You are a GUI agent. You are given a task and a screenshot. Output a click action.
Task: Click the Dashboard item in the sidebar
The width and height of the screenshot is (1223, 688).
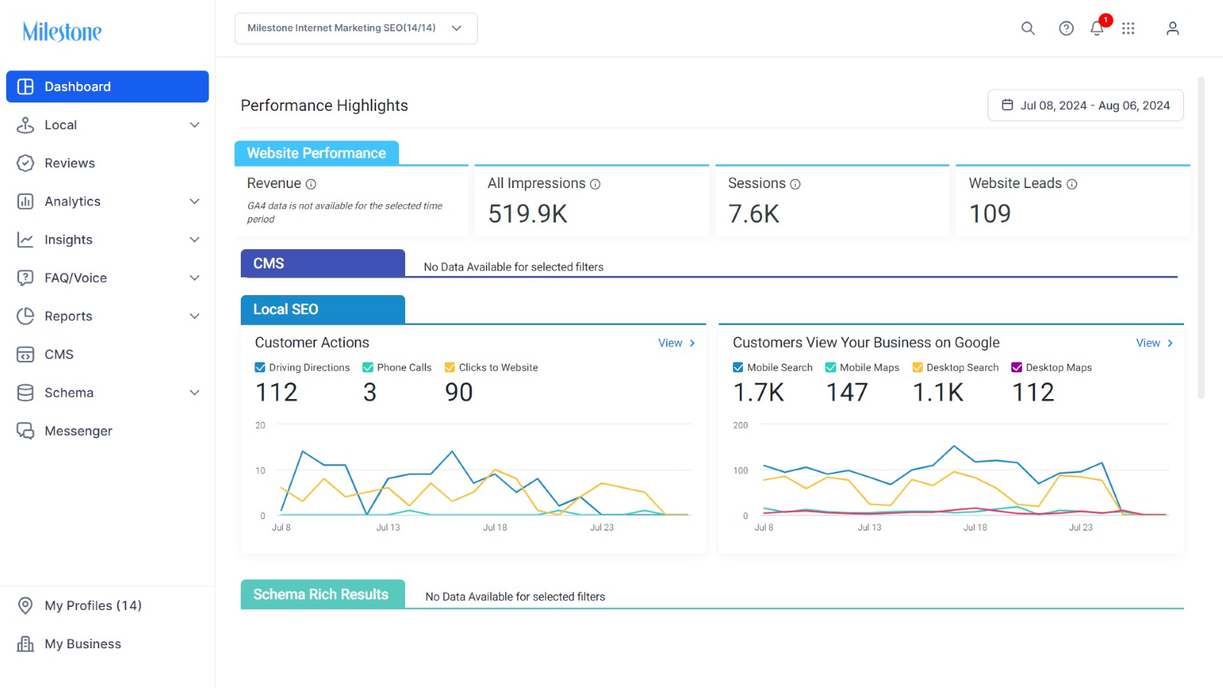point(107,86)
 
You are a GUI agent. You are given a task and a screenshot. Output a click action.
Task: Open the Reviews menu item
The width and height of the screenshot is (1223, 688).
point(70,163)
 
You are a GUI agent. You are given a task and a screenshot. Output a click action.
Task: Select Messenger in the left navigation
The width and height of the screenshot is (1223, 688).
point(78,431)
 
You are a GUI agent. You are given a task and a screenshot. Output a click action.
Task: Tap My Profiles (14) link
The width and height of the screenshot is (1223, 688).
point(92,605)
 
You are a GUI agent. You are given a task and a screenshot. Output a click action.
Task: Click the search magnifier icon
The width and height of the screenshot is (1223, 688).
point(1027,28)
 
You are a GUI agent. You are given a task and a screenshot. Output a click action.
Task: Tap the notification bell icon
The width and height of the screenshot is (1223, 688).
point(1097,28)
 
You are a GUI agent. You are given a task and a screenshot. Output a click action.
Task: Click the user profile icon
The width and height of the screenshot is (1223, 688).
point(1173,28)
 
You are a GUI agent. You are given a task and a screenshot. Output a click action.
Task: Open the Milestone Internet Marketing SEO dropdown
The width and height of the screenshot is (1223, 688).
point(356,28)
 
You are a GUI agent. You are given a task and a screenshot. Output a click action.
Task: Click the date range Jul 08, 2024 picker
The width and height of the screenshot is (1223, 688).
point(1085,105)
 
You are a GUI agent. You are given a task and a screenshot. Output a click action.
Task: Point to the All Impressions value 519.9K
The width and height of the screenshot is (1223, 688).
point(527,213)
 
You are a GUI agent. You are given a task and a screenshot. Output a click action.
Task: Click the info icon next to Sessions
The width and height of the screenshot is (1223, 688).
point(796,184)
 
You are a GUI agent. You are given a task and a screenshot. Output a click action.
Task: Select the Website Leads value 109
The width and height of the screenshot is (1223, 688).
point(990,213)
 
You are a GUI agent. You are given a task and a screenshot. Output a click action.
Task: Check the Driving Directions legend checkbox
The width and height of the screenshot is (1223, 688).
point(260,368)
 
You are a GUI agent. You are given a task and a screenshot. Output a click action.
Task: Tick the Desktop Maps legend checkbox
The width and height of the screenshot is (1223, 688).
point(1017,368)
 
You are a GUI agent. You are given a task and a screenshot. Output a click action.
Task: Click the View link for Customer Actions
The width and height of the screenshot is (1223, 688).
point(676,343)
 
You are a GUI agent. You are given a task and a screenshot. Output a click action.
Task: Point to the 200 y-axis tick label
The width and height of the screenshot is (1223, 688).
point(741,425)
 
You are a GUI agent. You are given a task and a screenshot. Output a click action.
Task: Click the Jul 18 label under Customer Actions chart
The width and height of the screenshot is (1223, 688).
point(495,527)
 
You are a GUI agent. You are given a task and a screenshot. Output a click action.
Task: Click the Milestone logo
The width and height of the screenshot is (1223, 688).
point(62,31)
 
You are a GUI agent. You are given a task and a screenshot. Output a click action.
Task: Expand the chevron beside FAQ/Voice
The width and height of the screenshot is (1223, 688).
point(194,278)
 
